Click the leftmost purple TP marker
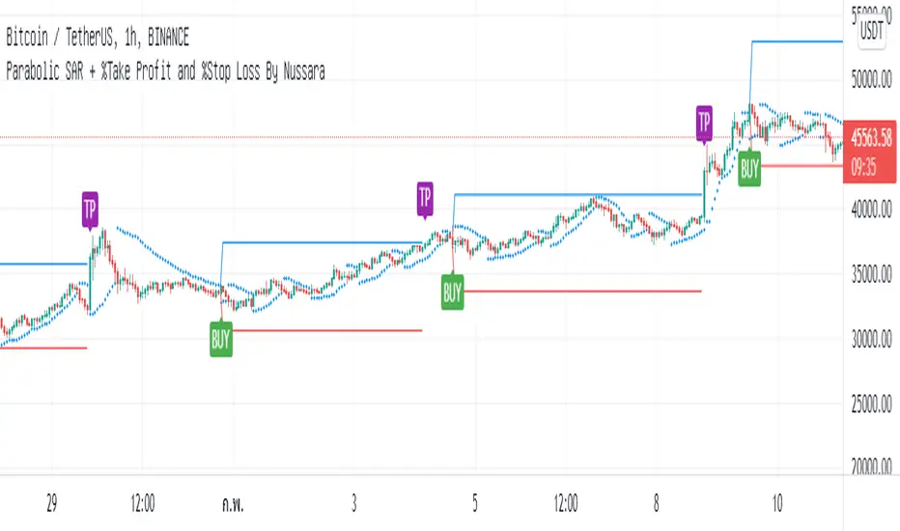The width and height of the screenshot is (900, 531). [x=90, y=207]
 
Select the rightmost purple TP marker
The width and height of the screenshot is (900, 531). [x=705, y=122]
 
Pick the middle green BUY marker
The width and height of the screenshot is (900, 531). [x=452, y=293]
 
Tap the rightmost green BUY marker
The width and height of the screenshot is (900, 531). [x=749, y=171]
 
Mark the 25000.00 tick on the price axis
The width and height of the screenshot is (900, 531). [x=873, y=404]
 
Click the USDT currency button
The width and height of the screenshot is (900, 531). [x=873, y=30]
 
